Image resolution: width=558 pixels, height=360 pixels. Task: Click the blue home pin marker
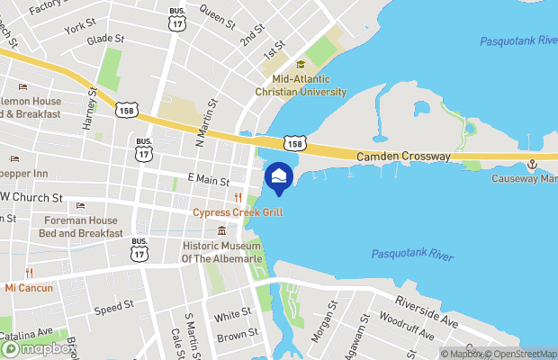278,176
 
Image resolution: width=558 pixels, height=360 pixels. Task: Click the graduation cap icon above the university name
301,65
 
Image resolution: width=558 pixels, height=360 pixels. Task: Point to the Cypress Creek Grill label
238,212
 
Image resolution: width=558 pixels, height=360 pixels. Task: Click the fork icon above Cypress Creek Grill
238,198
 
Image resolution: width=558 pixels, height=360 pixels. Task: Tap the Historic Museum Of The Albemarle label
221,252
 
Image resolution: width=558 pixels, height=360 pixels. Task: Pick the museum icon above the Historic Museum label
221,231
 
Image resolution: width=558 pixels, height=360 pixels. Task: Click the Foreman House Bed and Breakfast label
80,226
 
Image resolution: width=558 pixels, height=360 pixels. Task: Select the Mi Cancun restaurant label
29,288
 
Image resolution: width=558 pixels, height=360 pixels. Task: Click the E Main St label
208,180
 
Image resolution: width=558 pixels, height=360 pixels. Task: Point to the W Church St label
31,197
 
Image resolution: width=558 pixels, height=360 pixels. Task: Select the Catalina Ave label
26,333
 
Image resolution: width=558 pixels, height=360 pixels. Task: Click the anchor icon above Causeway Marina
532,164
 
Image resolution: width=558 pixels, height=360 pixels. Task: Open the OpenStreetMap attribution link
524,354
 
